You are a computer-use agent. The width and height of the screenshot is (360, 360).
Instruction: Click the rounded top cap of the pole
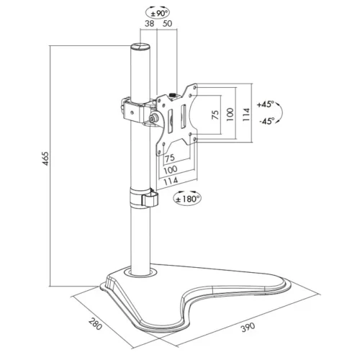click(139, 48)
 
